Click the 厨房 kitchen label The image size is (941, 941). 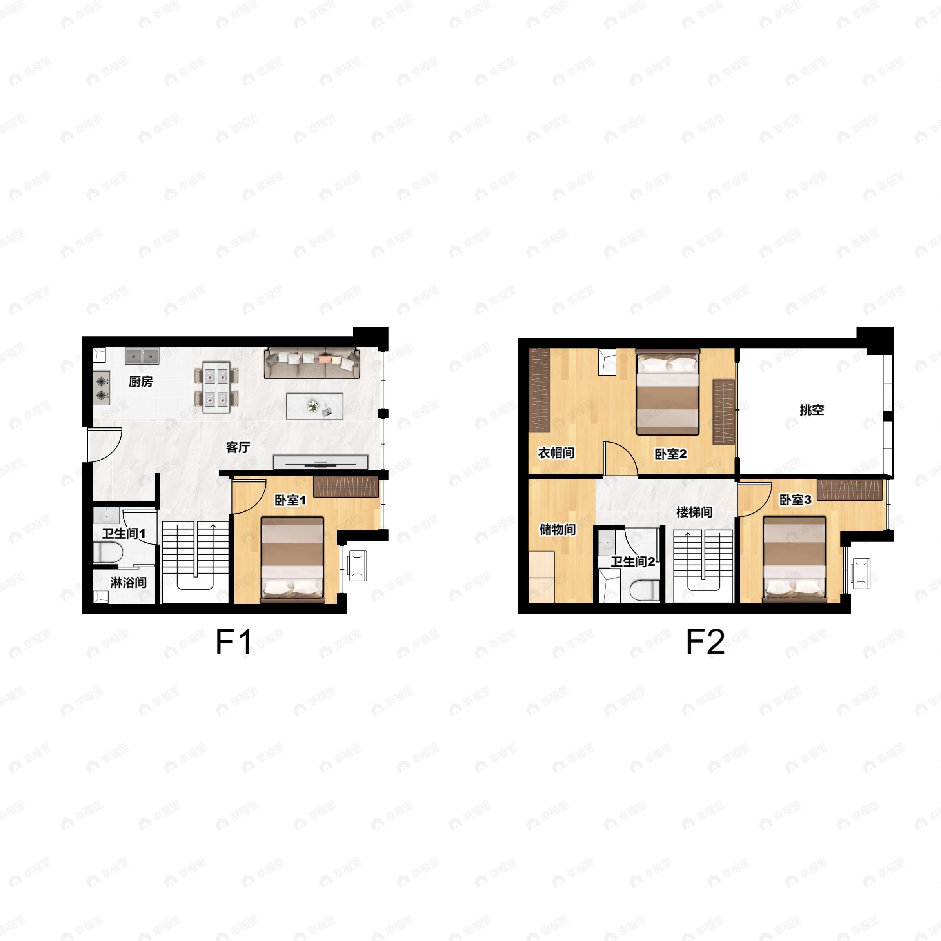click(141, 381)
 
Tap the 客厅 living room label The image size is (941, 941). click(238, 447)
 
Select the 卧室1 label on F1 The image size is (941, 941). click(290, 500)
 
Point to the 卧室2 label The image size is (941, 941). click(671, 454)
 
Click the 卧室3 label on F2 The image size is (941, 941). click(796, 500)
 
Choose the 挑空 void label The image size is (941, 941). click(812, 410)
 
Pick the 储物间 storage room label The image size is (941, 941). click(558, 529)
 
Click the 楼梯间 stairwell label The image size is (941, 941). click(694, 512)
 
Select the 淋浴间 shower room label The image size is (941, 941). click(129, 583)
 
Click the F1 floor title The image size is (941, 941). click(234, 643)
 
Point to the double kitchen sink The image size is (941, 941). click(142, 356)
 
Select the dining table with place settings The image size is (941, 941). click(217, 387)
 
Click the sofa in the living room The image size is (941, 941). click(312, 363)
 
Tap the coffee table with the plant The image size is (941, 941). click(314, 406)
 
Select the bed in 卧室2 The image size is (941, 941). click(668, 392)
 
